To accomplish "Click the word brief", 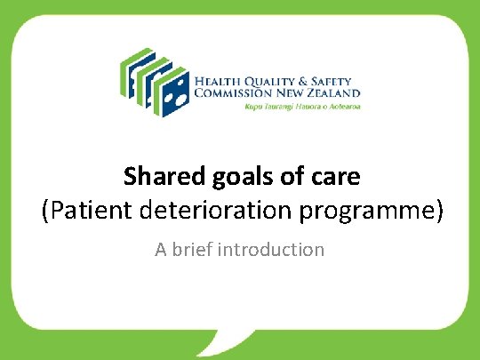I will click(x=202, y=250).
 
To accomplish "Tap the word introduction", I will click(x=280, y=250).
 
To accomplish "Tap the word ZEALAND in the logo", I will click(x=336, y=92).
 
